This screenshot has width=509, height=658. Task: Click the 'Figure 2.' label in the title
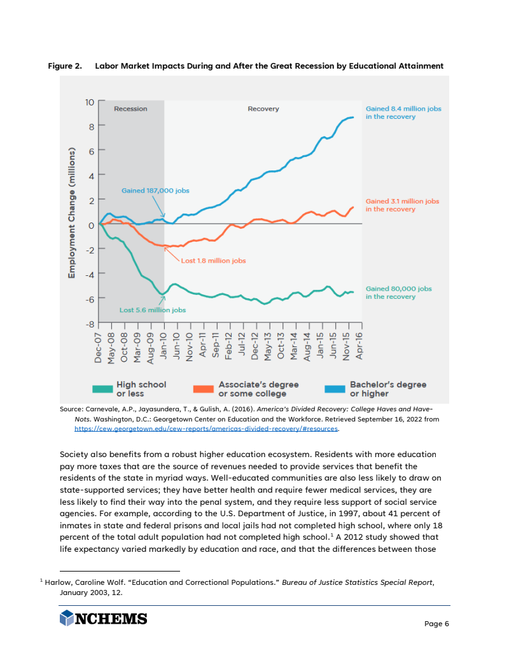tap(66, 66)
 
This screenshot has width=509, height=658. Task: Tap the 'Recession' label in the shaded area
tap(130, 109)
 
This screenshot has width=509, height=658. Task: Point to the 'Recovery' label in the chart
tap(263, 109)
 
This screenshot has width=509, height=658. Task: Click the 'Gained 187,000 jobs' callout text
tap(155, 190)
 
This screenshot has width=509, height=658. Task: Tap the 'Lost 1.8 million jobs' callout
tap(213, 261)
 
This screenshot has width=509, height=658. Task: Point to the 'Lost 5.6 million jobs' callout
tap(153, 310)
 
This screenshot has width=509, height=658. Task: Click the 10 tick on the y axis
tap(90, 102)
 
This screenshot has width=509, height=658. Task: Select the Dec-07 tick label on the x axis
tap(98, 347)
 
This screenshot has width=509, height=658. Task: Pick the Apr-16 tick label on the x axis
tap(359, 347)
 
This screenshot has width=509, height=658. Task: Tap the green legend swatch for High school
tap(102, 388)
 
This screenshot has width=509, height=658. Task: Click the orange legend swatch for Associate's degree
tap(204, 388)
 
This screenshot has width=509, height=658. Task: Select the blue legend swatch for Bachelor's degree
tap(335, 388)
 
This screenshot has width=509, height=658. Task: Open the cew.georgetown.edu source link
tap(207, 429)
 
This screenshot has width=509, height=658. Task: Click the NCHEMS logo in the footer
tap(104, 619)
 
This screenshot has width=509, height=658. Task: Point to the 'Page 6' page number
tap(436, 624)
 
